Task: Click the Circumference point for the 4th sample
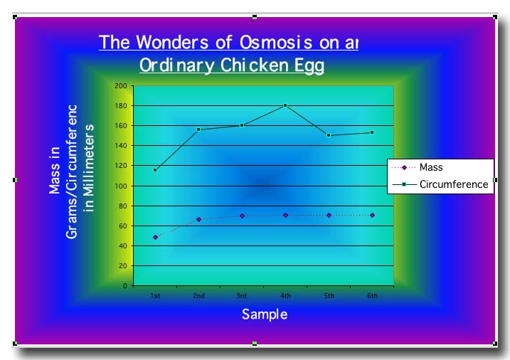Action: (285, 105)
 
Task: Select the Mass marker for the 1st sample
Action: (155, 238)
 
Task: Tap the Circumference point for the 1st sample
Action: (155, 170)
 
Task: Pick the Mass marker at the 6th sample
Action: (373, 216)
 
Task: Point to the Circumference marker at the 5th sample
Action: (329, 135)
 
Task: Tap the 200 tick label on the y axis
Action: (121, 86)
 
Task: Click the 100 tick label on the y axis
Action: (121, 186)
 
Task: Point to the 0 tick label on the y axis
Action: (125, 286)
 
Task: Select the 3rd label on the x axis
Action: (242, 295)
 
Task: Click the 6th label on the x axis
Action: (373, 295)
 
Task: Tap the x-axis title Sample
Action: (265, 314)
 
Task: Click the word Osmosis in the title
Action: (276, 42)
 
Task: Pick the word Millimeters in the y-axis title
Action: (88, 168)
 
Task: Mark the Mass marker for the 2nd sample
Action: (198, 220)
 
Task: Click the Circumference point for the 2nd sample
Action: (198, 129)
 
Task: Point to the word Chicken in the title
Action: (255, 65)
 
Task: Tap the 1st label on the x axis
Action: (155, 295)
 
